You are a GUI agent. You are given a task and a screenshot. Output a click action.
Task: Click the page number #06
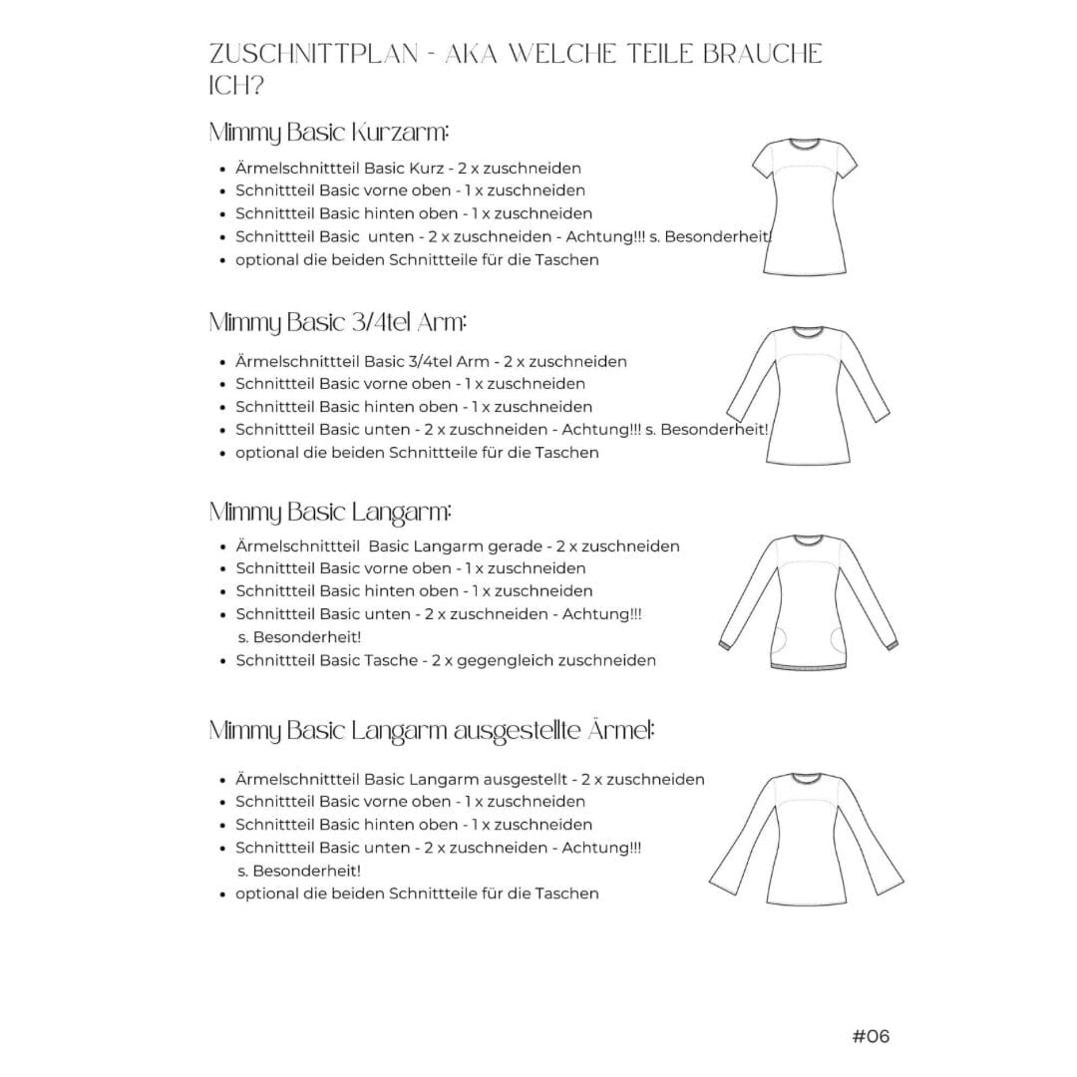coord(871,1036)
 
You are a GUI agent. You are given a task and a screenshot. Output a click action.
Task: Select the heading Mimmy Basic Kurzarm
coord(329,133)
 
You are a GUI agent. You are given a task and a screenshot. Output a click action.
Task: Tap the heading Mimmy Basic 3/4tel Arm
coord(338,323)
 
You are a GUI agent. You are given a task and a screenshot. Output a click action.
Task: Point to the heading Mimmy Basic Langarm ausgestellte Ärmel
coord(432,731)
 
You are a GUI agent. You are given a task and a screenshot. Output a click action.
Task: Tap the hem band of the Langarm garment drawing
coord(807,662)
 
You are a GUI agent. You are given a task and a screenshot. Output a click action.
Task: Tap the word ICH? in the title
coord(236,87)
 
